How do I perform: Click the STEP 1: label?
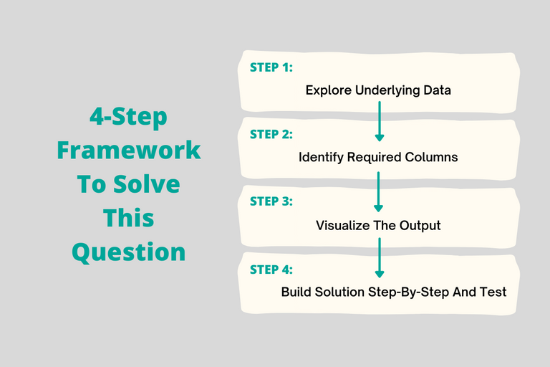pos(271,67)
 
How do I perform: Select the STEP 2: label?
pos(271,134)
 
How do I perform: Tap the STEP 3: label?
pos(271,201)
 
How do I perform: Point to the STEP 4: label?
pos(271,270)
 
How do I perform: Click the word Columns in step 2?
pos(433,158)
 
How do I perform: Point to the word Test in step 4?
pos(493,292)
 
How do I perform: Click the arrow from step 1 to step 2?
pos(380,120)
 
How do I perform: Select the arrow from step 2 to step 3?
pos(380,188)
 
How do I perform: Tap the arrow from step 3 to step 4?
pos(380,257)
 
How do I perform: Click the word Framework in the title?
pos(129,151)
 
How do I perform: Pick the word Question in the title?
pos(129,252)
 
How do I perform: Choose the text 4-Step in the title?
pos(129,117)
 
